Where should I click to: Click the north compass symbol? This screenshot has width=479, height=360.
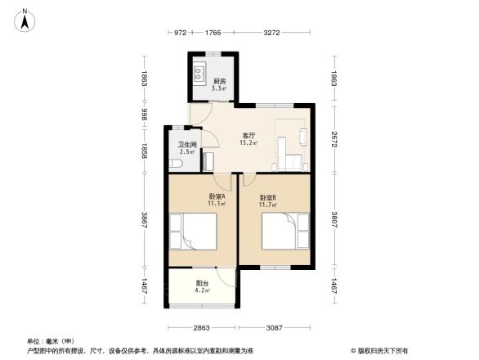click(25, 19)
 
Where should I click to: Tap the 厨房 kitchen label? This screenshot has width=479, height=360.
click(219, 82)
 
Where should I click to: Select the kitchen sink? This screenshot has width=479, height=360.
click(199, 76)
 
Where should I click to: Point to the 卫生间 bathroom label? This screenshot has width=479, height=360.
click(187, 147)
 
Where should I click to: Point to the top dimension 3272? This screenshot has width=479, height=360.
click(272, 34)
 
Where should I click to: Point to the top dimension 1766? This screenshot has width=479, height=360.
click(213, 34)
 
